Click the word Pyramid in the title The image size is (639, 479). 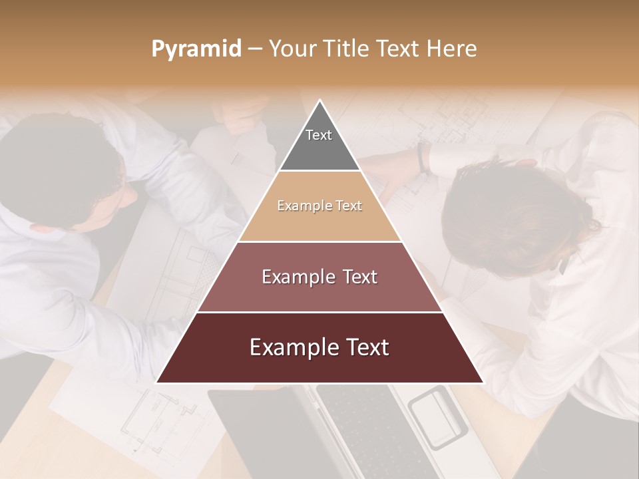196,49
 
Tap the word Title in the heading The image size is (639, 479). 349,49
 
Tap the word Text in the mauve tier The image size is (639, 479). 353,277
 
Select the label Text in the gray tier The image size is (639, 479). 319,135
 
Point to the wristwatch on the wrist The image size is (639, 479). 422,157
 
